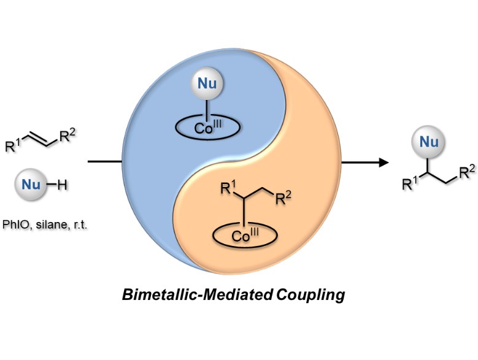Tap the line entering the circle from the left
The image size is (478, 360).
tap(105, 163)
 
